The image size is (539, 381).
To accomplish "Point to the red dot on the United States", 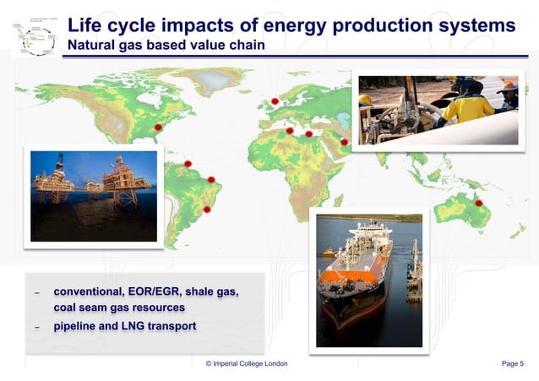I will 158,127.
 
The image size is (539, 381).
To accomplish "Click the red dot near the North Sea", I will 275,102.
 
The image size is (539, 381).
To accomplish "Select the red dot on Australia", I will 478,203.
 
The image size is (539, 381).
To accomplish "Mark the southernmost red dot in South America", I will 207,209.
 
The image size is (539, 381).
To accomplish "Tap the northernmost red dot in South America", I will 188,163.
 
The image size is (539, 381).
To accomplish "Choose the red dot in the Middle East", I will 344,142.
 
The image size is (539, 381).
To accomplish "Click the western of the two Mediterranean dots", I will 290,131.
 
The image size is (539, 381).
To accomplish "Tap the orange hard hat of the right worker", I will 508,87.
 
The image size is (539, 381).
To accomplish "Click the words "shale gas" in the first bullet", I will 207,292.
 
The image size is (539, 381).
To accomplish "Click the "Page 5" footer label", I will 512,363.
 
